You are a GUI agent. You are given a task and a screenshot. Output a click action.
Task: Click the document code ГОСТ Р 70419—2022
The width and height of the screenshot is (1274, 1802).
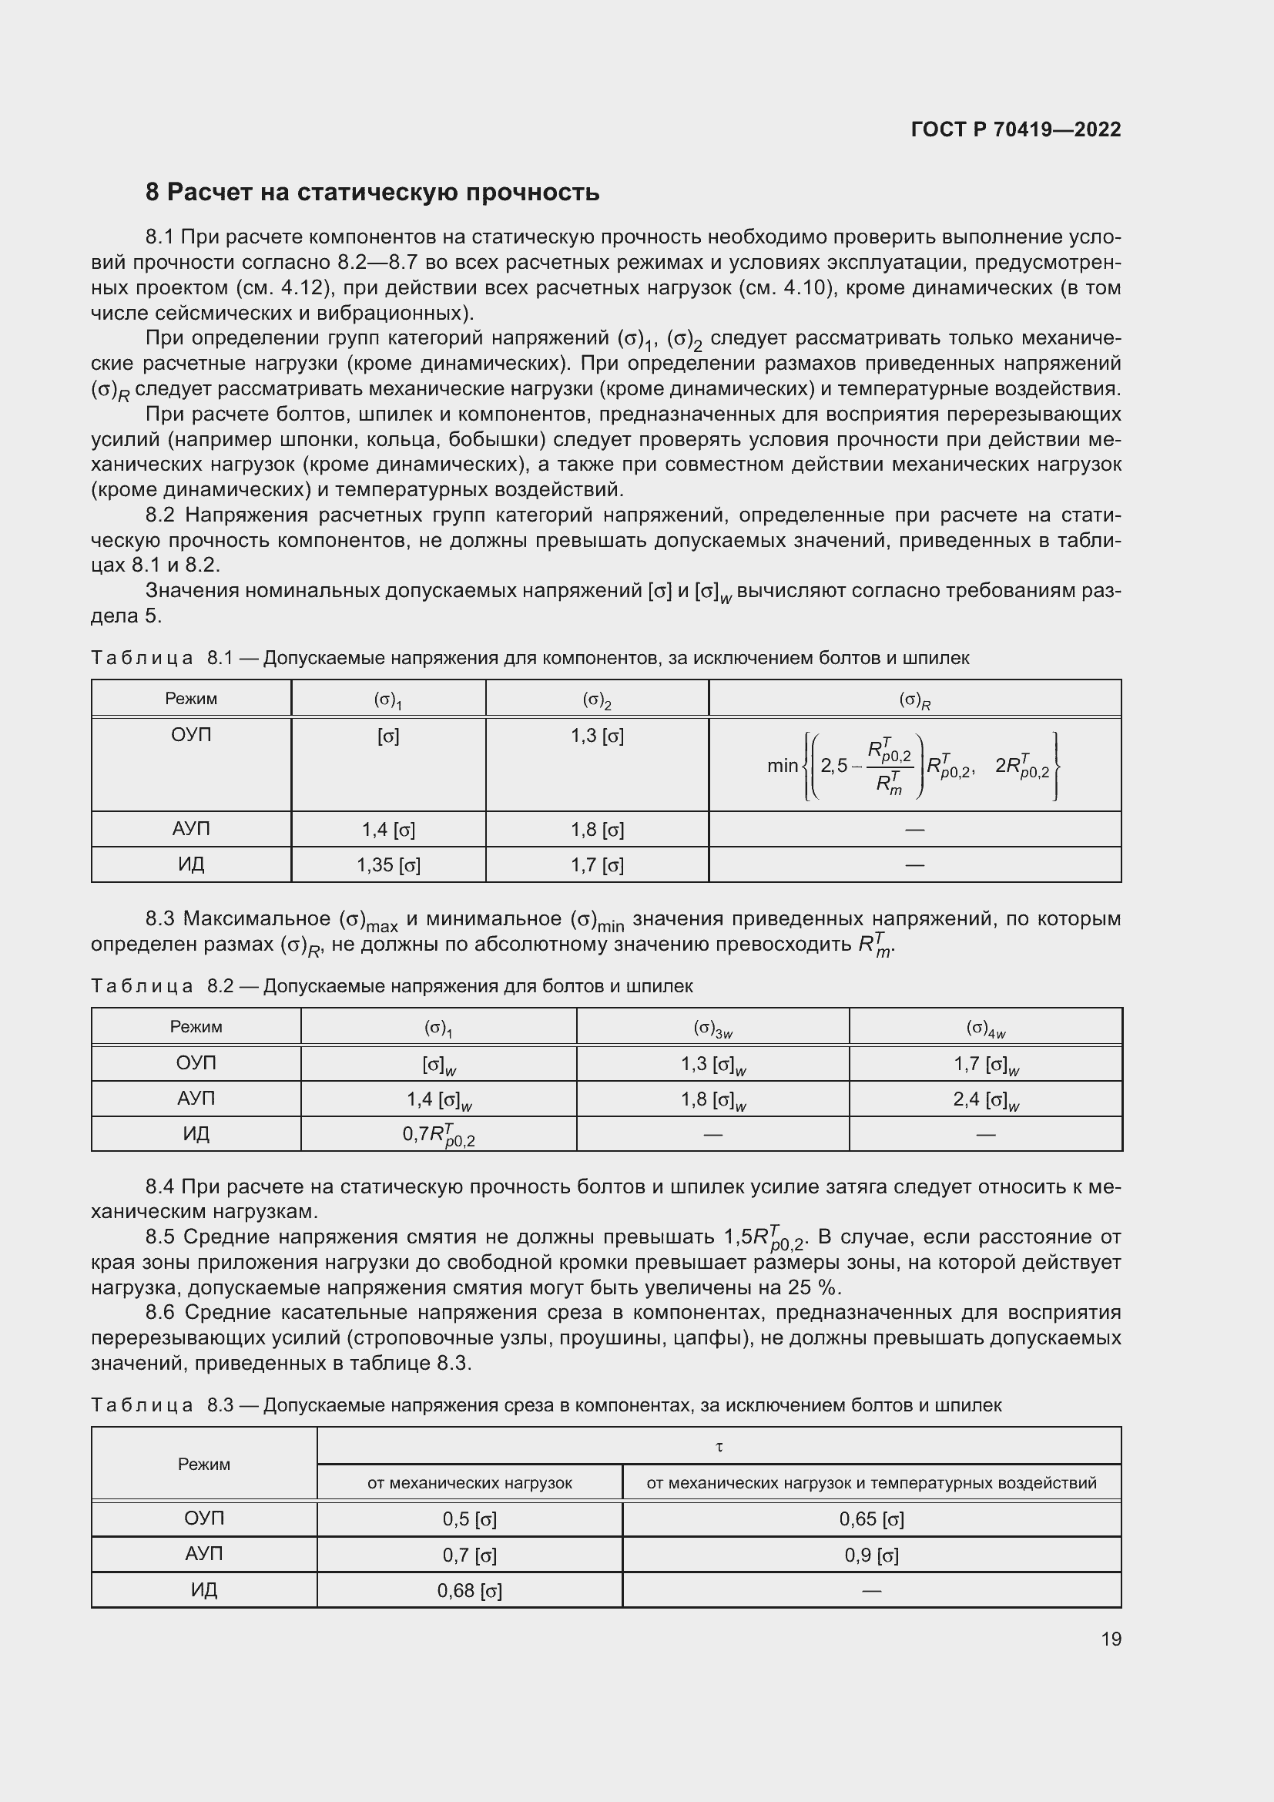coord(1015,129)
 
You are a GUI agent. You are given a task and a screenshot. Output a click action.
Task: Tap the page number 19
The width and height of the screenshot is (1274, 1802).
coord(1111,1639)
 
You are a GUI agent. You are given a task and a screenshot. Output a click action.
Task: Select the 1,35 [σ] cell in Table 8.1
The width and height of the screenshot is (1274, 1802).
coord(388,865)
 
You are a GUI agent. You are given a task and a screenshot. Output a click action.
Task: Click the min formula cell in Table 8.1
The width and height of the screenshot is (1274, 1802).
coord(914,765)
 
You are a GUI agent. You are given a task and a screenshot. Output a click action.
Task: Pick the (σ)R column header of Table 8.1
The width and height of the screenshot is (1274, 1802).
coord(914,700)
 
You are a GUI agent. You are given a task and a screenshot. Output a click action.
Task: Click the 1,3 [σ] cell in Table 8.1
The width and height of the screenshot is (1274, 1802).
coord(597,737)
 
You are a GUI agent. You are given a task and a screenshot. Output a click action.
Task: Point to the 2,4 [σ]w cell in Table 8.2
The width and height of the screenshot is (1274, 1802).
coord(985,1099)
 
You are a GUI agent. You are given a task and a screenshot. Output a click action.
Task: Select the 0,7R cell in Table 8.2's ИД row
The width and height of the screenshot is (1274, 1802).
coord(438,1134)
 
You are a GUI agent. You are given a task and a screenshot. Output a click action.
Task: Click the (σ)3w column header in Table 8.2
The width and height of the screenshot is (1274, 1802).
coord(712,1029)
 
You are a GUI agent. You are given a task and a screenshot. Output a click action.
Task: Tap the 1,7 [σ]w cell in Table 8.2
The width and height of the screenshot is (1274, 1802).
coord(985,1064)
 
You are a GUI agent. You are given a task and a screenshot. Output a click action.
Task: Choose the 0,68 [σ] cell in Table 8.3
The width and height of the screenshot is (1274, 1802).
coord(469,1591)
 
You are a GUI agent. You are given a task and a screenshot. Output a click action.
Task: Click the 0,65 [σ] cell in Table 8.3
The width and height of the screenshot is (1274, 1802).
coord(871,1519)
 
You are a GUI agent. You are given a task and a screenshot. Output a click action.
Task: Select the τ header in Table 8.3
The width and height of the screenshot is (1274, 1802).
coord(719,1445)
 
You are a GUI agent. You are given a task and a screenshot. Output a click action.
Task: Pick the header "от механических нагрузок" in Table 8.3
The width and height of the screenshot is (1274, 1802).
coord(469,1482)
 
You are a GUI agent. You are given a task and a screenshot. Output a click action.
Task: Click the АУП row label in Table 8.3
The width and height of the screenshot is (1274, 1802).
coord(204,1554)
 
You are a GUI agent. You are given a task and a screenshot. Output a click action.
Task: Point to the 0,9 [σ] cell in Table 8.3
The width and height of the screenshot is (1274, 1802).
coord(871,1555)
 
